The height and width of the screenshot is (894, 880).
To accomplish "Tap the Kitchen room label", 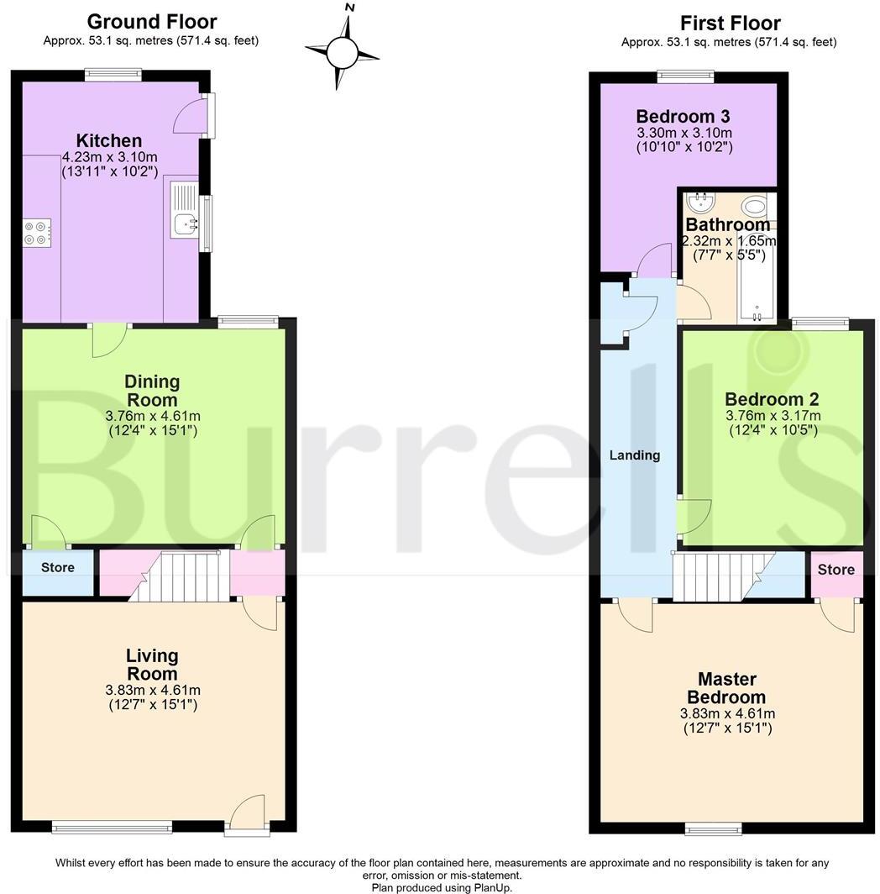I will pyautogui.click(x=109, y=140).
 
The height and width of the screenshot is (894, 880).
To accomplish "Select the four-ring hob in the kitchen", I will pyautogui.click(x=37, y=231).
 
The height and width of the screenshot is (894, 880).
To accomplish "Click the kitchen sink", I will pyautogui.click(x=183, y=223).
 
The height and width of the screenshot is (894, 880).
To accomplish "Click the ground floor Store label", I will pyautogui.click(x=57, y=567).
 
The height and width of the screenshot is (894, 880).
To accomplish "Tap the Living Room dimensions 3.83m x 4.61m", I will pyautogui.click(x=153, y=690).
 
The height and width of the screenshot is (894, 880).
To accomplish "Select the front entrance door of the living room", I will pyautogui.click(x=249, y=815).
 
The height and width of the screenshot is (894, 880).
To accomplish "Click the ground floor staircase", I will pyautogui.click(x=185, y=576).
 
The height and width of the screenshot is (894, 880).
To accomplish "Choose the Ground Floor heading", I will pyautogui.click(x=151, y=22).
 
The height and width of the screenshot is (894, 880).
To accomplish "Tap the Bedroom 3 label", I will pyautogui.click(x=683, y=116).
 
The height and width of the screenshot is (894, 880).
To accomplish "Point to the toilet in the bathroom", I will pyautogui.click(x=754, y=206).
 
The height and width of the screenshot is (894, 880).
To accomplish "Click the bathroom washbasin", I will pyautogui.click(x=699, y=202).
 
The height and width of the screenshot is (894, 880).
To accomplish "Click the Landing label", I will pyautogui.click(x=635, y=455).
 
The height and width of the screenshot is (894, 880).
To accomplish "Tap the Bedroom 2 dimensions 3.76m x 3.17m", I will pyautogui.click(x=773, y=415).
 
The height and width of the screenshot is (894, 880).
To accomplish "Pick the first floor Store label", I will pyautogui.click(x=835, y=569).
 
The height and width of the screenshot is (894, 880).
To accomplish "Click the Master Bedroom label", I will pyautogui.click(x=726, y=688).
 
